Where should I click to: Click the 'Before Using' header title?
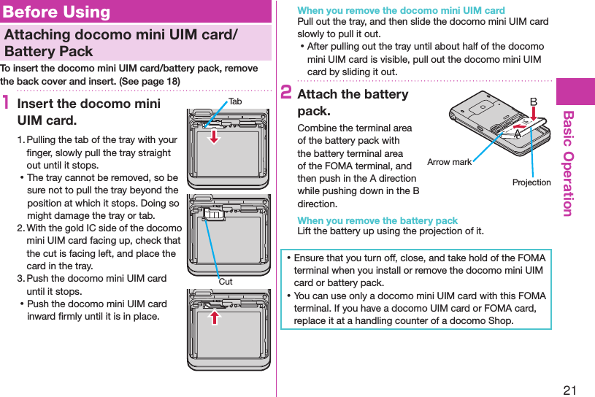(x=57, y=12)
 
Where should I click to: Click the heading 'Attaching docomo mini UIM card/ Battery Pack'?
(x=120, y=42)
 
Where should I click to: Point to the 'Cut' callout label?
(x=226, y=282)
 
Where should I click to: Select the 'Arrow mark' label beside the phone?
(x=449, y=162)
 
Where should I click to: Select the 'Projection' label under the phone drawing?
(x=531, y=182)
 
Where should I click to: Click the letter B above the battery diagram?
(x=534, y=101)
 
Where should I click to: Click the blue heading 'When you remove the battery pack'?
(x=377, y=220)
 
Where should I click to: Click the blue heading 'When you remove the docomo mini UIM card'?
(x=401, y=10)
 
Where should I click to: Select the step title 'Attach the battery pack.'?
(x=353, y=103)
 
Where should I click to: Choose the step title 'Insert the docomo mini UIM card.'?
(x=88, y=112)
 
